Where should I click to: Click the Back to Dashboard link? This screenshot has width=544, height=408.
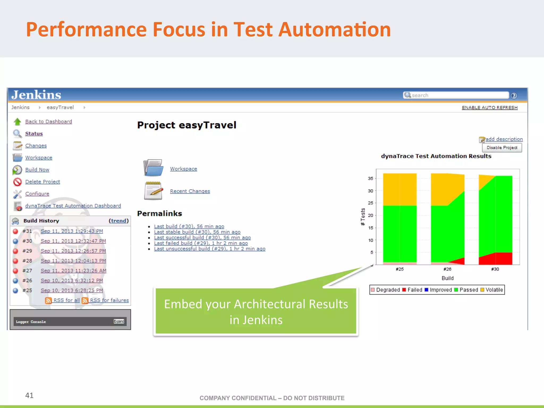(48, 121)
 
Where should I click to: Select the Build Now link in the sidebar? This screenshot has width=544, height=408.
(37, 169)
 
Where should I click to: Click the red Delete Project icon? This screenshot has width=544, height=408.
(17, 182)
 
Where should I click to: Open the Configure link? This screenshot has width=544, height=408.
(37, 194)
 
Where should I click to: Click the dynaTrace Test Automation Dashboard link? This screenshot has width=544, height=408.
(73, 206)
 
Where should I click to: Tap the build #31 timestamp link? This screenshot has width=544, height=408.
(72, 231)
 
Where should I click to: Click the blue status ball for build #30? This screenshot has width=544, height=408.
(15, 241)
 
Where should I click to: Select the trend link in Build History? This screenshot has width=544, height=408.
(118, 221)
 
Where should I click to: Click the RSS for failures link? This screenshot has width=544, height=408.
(109, 300)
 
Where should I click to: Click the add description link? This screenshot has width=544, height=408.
(504, 139)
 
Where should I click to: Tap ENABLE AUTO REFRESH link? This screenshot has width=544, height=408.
(490, 108)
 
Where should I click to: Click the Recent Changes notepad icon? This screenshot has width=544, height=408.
(153, 191)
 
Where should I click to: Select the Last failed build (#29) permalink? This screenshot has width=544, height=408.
(201, 243)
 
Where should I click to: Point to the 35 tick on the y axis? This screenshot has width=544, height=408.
(370, 178)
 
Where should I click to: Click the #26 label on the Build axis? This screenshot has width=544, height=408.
(447, 269)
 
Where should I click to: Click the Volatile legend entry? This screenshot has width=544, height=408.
(492, 290)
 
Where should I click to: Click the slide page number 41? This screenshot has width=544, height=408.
(29, 395)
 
